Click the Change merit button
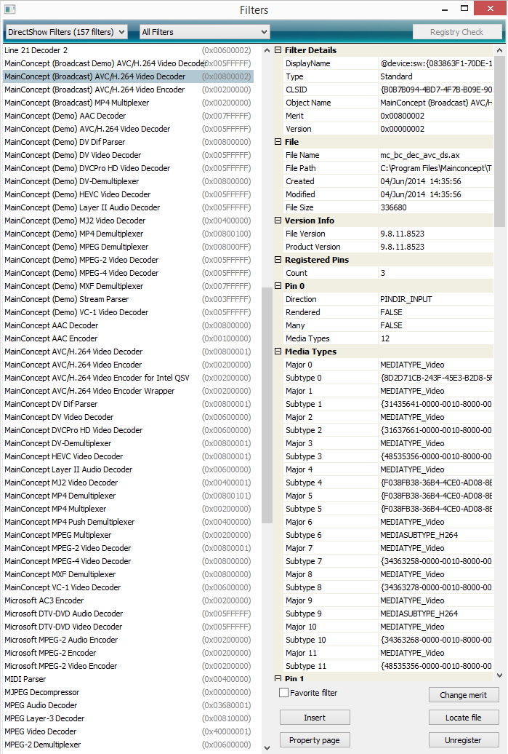coord(464,695)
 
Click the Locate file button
coord(464,718)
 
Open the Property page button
coord(315,740)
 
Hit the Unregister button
coord(464,740)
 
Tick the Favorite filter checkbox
coord(284,693)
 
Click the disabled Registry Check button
coord(456,32)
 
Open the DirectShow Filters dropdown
coord(66,32)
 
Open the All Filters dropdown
coord(204,32)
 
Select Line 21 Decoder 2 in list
coord(36,50)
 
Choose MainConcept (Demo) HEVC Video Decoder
coord(78,194)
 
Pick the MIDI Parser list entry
coord(25,679)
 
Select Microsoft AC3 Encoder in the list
coord(44,600)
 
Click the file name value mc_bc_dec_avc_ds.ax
coord(420,155)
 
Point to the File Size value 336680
coord(393,207)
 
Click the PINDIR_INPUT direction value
coord(407,299)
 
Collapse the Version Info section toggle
coord(278,221)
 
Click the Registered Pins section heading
coord(317,260)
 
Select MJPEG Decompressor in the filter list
coord(42,692)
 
